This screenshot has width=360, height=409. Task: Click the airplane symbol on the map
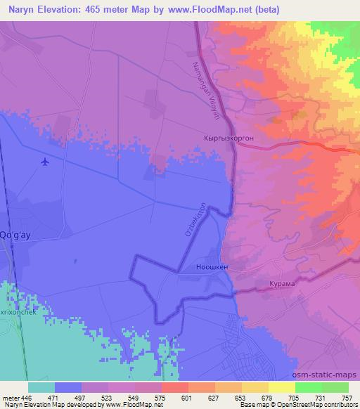coord(46,162)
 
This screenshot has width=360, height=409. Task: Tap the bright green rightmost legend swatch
coord(335,387)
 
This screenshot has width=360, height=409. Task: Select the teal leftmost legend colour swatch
coord(41,387)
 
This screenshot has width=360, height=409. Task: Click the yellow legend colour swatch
coord(282,387)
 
